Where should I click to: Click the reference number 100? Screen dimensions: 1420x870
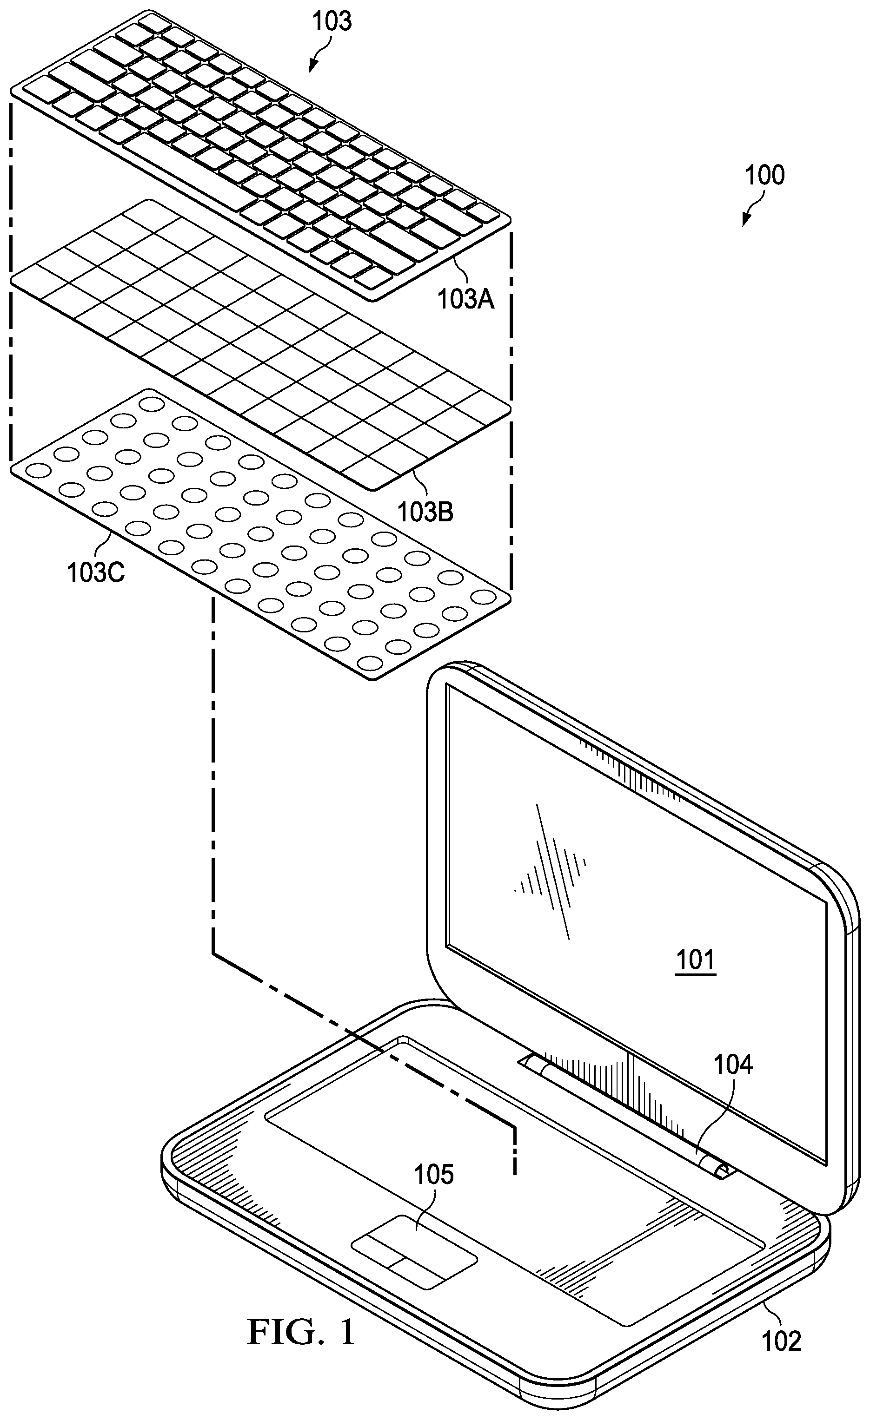(x=765, y=175)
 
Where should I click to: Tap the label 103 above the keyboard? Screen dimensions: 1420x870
(x=332, y=21)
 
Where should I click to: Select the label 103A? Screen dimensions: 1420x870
(x=465, y=299)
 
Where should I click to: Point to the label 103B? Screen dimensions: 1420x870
(x=425, y=511)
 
